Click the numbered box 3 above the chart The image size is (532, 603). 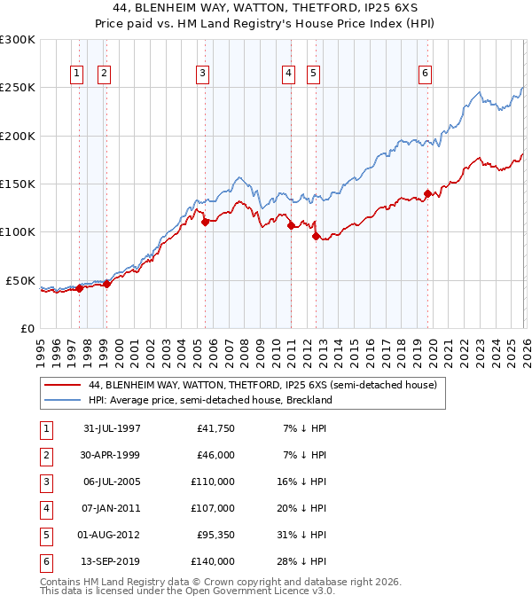[203, 74]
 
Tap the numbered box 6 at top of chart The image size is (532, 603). [426, 74]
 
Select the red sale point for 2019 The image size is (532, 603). [427, 193]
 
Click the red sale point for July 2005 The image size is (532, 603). [205, 223]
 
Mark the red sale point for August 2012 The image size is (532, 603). [316, 236]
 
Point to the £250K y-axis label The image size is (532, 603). [18, 88]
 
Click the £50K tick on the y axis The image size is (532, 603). [21, 280]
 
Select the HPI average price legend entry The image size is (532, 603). [209, 400]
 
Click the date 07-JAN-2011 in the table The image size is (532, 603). [112, 508]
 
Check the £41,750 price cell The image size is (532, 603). [215, 428]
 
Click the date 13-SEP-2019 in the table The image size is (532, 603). [112, 561]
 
